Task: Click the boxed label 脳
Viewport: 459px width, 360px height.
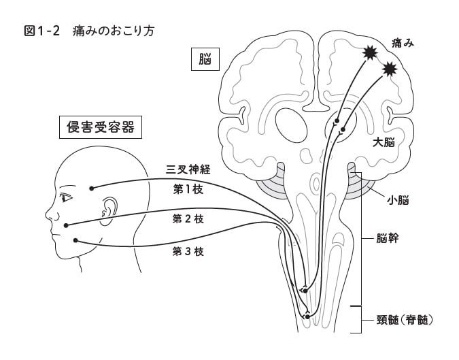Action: [x=205, y=60]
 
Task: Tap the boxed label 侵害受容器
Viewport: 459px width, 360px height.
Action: [x=100, y=126]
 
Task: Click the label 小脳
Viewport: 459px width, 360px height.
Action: [x=398, y=200]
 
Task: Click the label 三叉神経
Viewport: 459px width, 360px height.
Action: [x=188, y=169]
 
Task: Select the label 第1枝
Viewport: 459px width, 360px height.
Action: [x=188, y=189]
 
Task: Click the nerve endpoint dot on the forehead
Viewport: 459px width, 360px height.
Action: [x=92, y=188]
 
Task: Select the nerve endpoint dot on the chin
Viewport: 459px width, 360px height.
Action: [x=74, y=240]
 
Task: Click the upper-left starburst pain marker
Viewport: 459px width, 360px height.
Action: [x=369, y=52]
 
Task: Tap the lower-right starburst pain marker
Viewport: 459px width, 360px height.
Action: [x=390, y=68]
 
